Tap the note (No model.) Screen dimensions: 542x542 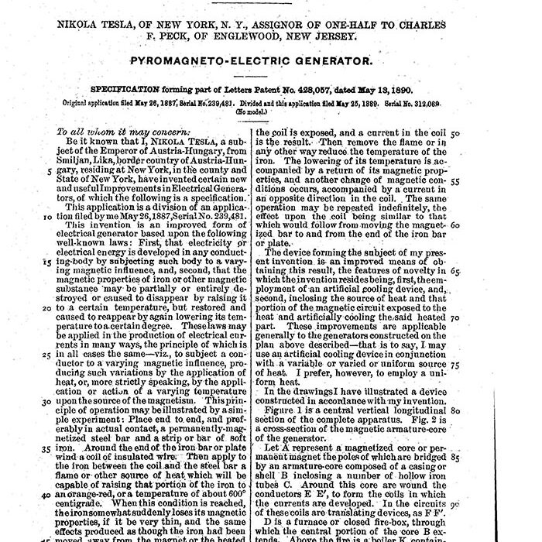(259, 111)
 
